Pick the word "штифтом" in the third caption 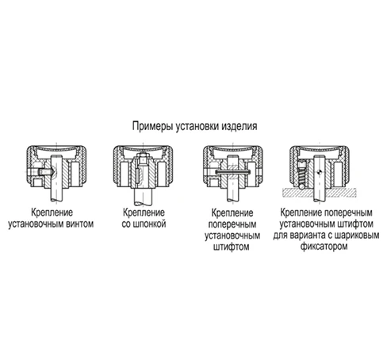pyautogui.click(x=232, y=247)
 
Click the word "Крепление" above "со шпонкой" pyautogui.click(x=144, y=213)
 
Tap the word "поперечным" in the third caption pyautogui.click(x=232, y=224)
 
